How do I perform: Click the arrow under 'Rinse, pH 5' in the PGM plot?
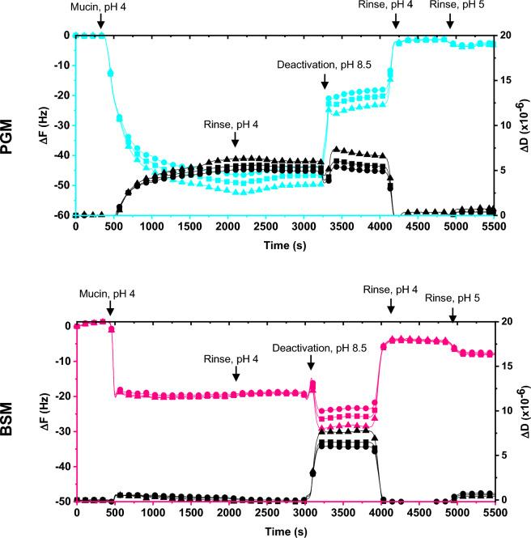coord(450,23)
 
